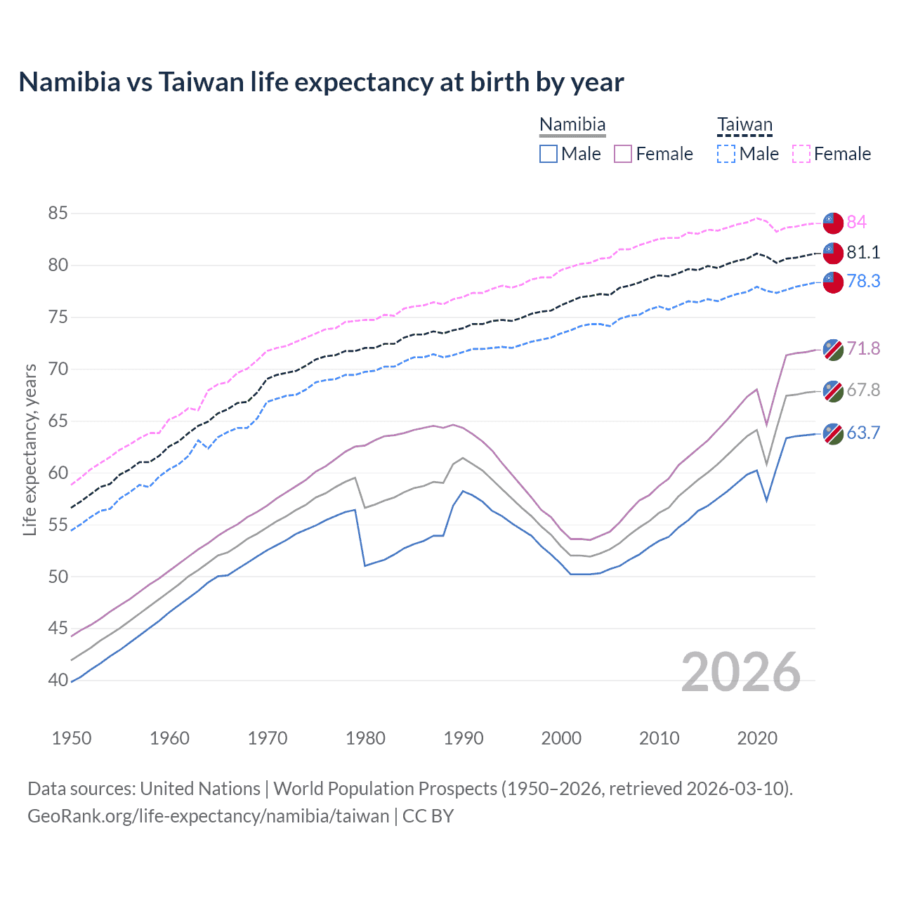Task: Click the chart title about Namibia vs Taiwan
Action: point(321,82)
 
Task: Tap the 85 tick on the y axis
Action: point(58,213)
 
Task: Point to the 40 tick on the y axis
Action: point(58,680)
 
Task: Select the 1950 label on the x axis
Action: point(72,738)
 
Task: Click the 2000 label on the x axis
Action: point(561,738)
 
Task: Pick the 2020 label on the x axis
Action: point(757,738)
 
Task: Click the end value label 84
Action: point(856,222)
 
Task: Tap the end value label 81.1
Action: point(862,252)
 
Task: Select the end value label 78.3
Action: point(862,281)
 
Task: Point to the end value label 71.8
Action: point(862,348)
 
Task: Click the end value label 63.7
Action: point(862,433)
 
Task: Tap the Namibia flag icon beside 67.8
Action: point(833,391)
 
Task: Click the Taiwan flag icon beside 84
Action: point(833,223)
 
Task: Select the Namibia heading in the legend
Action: point(572,125)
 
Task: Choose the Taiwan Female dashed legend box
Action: point(801,154)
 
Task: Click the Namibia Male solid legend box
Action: point(549,154)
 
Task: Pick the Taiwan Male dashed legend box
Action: point(726,154)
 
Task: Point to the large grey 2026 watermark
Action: point(741,672)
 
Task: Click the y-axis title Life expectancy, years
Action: point(30,449)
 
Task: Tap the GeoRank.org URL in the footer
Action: point(208,816)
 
